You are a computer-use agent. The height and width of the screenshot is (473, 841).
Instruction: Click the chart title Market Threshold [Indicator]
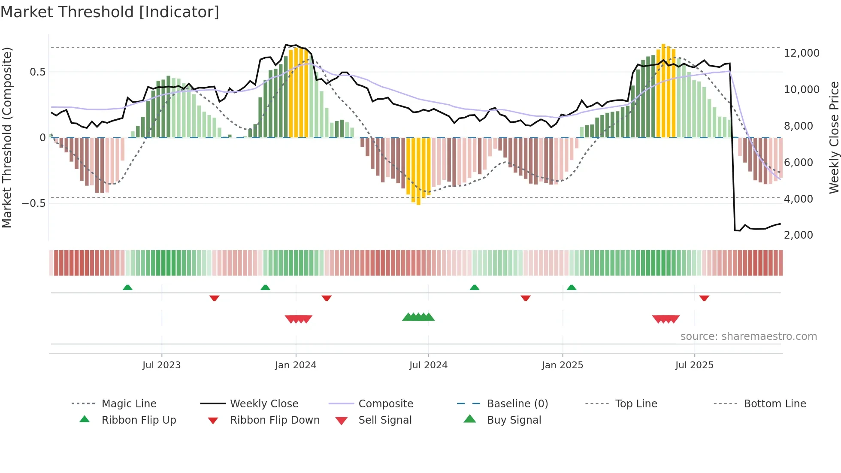110,12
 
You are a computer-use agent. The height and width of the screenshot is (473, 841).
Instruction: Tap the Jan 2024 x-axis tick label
296,365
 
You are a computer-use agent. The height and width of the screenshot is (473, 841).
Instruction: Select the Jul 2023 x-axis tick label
162,365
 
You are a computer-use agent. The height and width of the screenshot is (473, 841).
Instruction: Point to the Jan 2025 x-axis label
563,365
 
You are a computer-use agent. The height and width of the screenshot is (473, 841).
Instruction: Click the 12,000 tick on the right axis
802,53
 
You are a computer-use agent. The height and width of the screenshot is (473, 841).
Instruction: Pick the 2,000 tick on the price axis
798,235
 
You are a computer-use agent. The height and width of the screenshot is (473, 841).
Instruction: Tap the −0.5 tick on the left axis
34,203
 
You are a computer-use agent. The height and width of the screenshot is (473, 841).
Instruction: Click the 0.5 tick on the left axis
37,72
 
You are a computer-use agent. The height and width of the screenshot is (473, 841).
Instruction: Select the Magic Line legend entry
129,404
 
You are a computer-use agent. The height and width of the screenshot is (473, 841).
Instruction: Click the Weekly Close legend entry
264,404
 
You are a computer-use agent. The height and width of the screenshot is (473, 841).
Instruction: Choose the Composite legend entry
385,404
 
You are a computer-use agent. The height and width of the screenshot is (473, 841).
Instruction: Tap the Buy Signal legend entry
514,420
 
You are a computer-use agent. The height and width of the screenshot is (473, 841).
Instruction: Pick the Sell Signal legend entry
385,420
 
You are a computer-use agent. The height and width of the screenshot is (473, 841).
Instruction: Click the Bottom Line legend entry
774,404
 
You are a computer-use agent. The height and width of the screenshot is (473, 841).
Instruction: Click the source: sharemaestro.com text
748,337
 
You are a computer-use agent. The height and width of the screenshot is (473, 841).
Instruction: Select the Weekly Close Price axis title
834,137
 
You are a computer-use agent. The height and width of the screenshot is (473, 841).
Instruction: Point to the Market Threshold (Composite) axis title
7,137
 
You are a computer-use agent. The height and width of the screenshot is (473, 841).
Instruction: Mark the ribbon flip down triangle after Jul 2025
704,298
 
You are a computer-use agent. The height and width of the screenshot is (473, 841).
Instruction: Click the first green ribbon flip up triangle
127,288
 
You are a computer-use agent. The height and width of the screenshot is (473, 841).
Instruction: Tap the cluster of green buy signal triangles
418,317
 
